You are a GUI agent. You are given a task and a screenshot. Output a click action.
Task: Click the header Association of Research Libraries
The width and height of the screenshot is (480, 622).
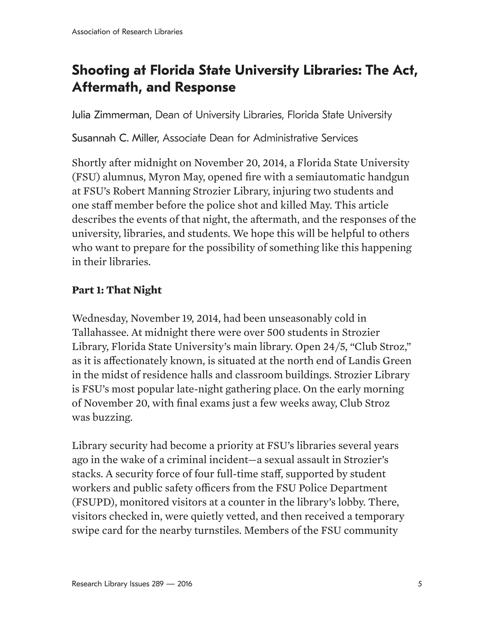[x=127, y=32]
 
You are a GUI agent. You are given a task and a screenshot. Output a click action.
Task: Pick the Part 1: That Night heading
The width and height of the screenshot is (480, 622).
[x=117, y=290]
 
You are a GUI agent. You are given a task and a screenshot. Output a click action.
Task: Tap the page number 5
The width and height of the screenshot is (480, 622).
[x=420, y=584]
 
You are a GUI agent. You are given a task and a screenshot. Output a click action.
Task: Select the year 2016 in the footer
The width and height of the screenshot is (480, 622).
[x=185, y=584]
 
